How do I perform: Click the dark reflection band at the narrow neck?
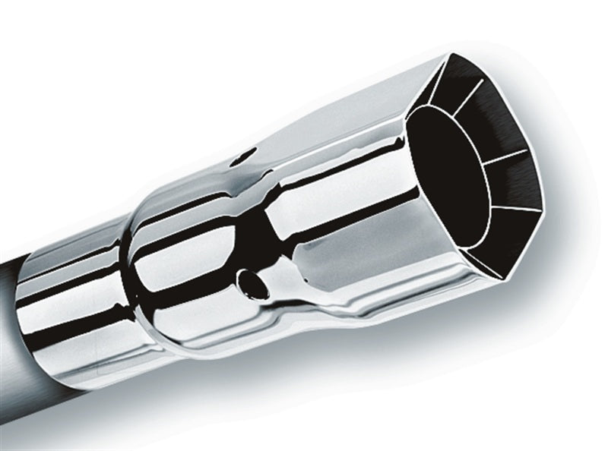267,228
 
